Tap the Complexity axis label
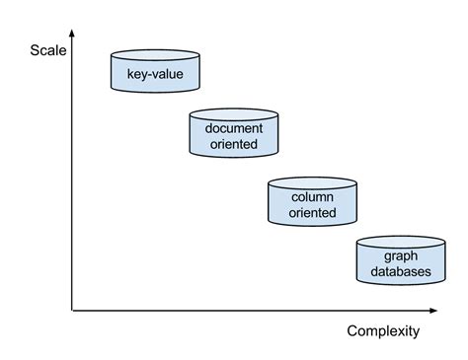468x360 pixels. (x=383, y=330)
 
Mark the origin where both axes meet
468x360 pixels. (x=72, y=312)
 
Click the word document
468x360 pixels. (x=233, y=129)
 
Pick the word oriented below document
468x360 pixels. (x=233, y=145)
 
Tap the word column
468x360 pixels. (x=312, y=196)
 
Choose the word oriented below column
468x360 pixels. (x=312, y=212)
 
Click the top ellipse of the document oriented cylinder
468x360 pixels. (x=233, y=113)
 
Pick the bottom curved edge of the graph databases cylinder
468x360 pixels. (x=401, y=286)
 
